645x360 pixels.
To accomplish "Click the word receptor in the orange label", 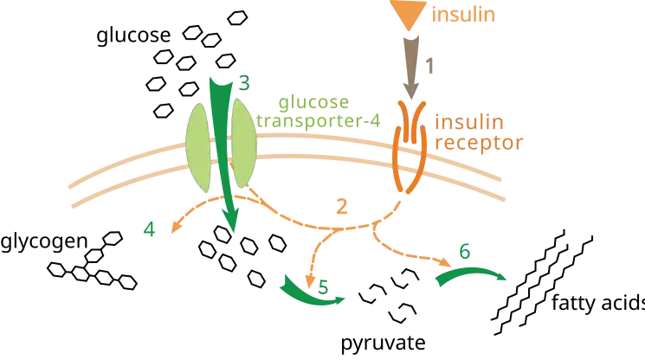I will (x=479, y=144).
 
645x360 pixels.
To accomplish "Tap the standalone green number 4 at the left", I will (x=152, y=231).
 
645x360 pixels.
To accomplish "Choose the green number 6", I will (x=464, y=253).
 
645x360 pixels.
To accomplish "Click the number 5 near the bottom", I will (x=322, y=285).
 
